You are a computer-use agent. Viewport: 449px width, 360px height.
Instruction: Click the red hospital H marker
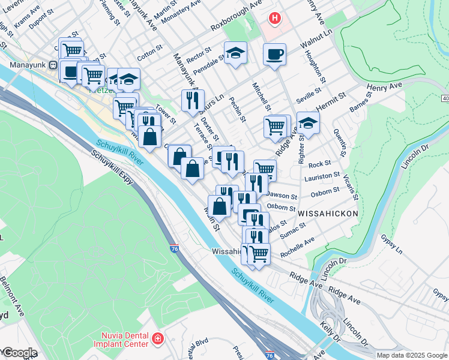pos(275,19)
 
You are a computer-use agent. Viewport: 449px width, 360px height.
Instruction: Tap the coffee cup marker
pos(274,55)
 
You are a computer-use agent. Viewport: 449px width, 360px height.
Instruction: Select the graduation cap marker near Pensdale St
pos(235,53)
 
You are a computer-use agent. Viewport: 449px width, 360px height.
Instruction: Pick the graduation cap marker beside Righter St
pos(308,123)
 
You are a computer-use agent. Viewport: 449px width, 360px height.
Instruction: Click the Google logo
pos(19,353)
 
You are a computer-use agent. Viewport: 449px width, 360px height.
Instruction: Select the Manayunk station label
pos(24,64)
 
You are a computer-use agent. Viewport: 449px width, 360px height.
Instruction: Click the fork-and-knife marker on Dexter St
pos(193,101)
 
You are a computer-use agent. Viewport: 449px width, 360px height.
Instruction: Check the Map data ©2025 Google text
pos(411,355)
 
